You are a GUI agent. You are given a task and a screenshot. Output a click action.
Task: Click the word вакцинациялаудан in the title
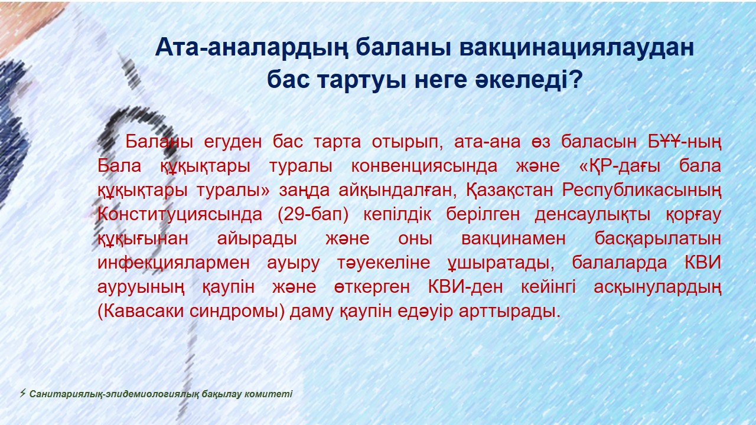(576, 48)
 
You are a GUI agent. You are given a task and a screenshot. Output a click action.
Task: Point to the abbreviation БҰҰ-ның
(684, 142)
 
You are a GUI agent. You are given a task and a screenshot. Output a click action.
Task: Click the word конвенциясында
(424, 166)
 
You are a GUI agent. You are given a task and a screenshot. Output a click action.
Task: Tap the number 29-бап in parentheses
(312, 215)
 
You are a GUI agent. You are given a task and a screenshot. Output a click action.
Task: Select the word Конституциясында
(180, 215)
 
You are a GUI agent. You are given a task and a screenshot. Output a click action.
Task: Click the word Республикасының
(641, 191)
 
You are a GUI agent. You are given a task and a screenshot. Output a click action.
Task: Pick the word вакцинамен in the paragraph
(513, 238)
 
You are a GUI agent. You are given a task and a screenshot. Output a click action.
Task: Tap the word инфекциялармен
(174, 263)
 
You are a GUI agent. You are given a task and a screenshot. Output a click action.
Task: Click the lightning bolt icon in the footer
(22, 393)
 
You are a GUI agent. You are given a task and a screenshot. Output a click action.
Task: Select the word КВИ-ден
(465, 287)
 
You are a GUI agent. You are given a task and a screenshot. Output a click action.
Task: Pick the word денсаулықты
(592, 215)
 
